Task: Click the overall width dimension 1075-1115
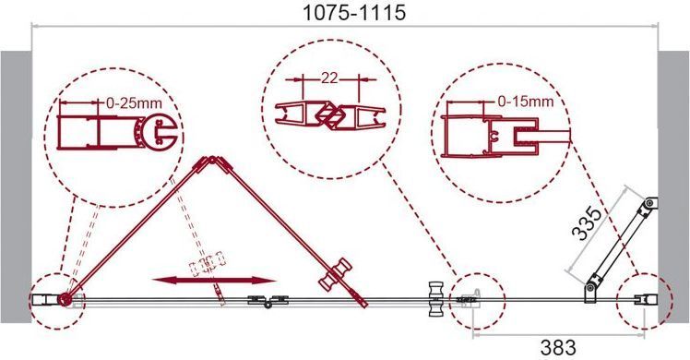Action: (354, 13)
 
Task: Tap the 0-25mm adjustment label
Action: (134, 103)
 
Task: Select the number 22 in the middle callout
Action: (329, 78)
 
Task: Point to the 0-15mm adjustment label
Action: (526, 102)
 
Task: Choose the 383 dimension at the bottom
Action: (558, 348)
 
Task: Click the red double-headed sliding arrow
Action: (213, 281)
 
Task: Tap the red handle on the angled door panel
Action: (336, 275)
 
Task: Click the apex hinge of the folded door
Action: (212, 160)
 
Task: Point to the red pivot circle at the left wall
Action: (65, 299)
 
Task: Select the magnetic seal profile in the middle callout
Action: (330, 115)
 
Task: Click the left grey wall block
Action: (16, 186)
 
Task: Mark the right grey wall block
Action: (673, 186)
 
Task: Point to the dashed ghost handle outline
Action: (207, 263)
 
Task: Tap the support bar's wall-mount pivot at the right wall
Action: (649, 205)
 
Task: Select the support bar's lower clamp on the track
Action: (591, 289)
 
